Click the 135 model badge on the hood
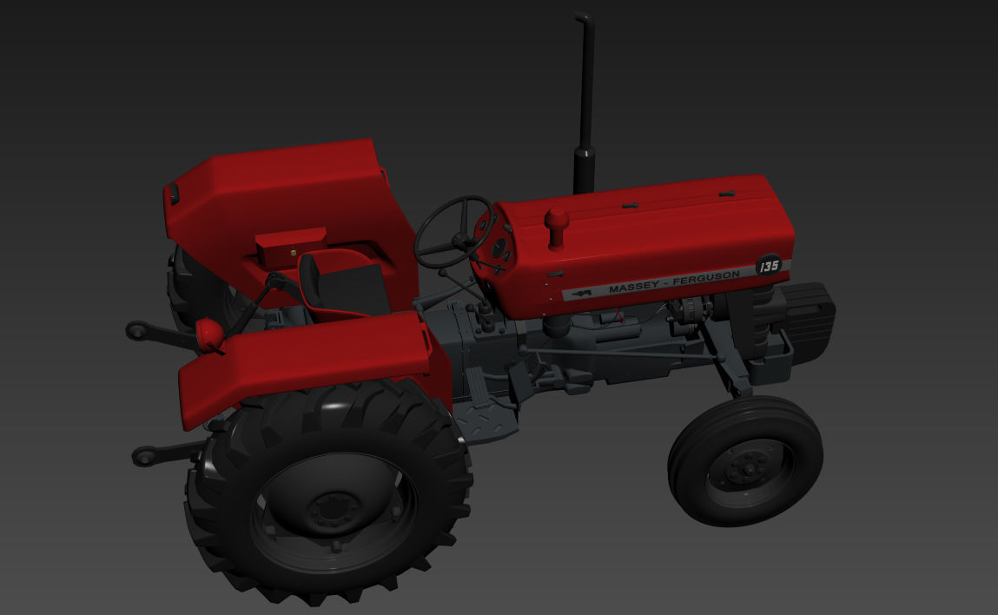768,265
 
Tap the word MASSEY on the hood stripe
633,288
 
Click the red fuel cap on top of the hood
556,221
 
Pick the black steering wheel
454,232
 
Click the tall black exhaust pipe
585,104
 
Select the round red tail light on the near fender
208,333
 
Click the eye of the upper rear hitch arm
136,329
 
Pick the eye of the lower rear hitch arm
142,455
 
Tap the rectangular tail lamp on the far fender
174,194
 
